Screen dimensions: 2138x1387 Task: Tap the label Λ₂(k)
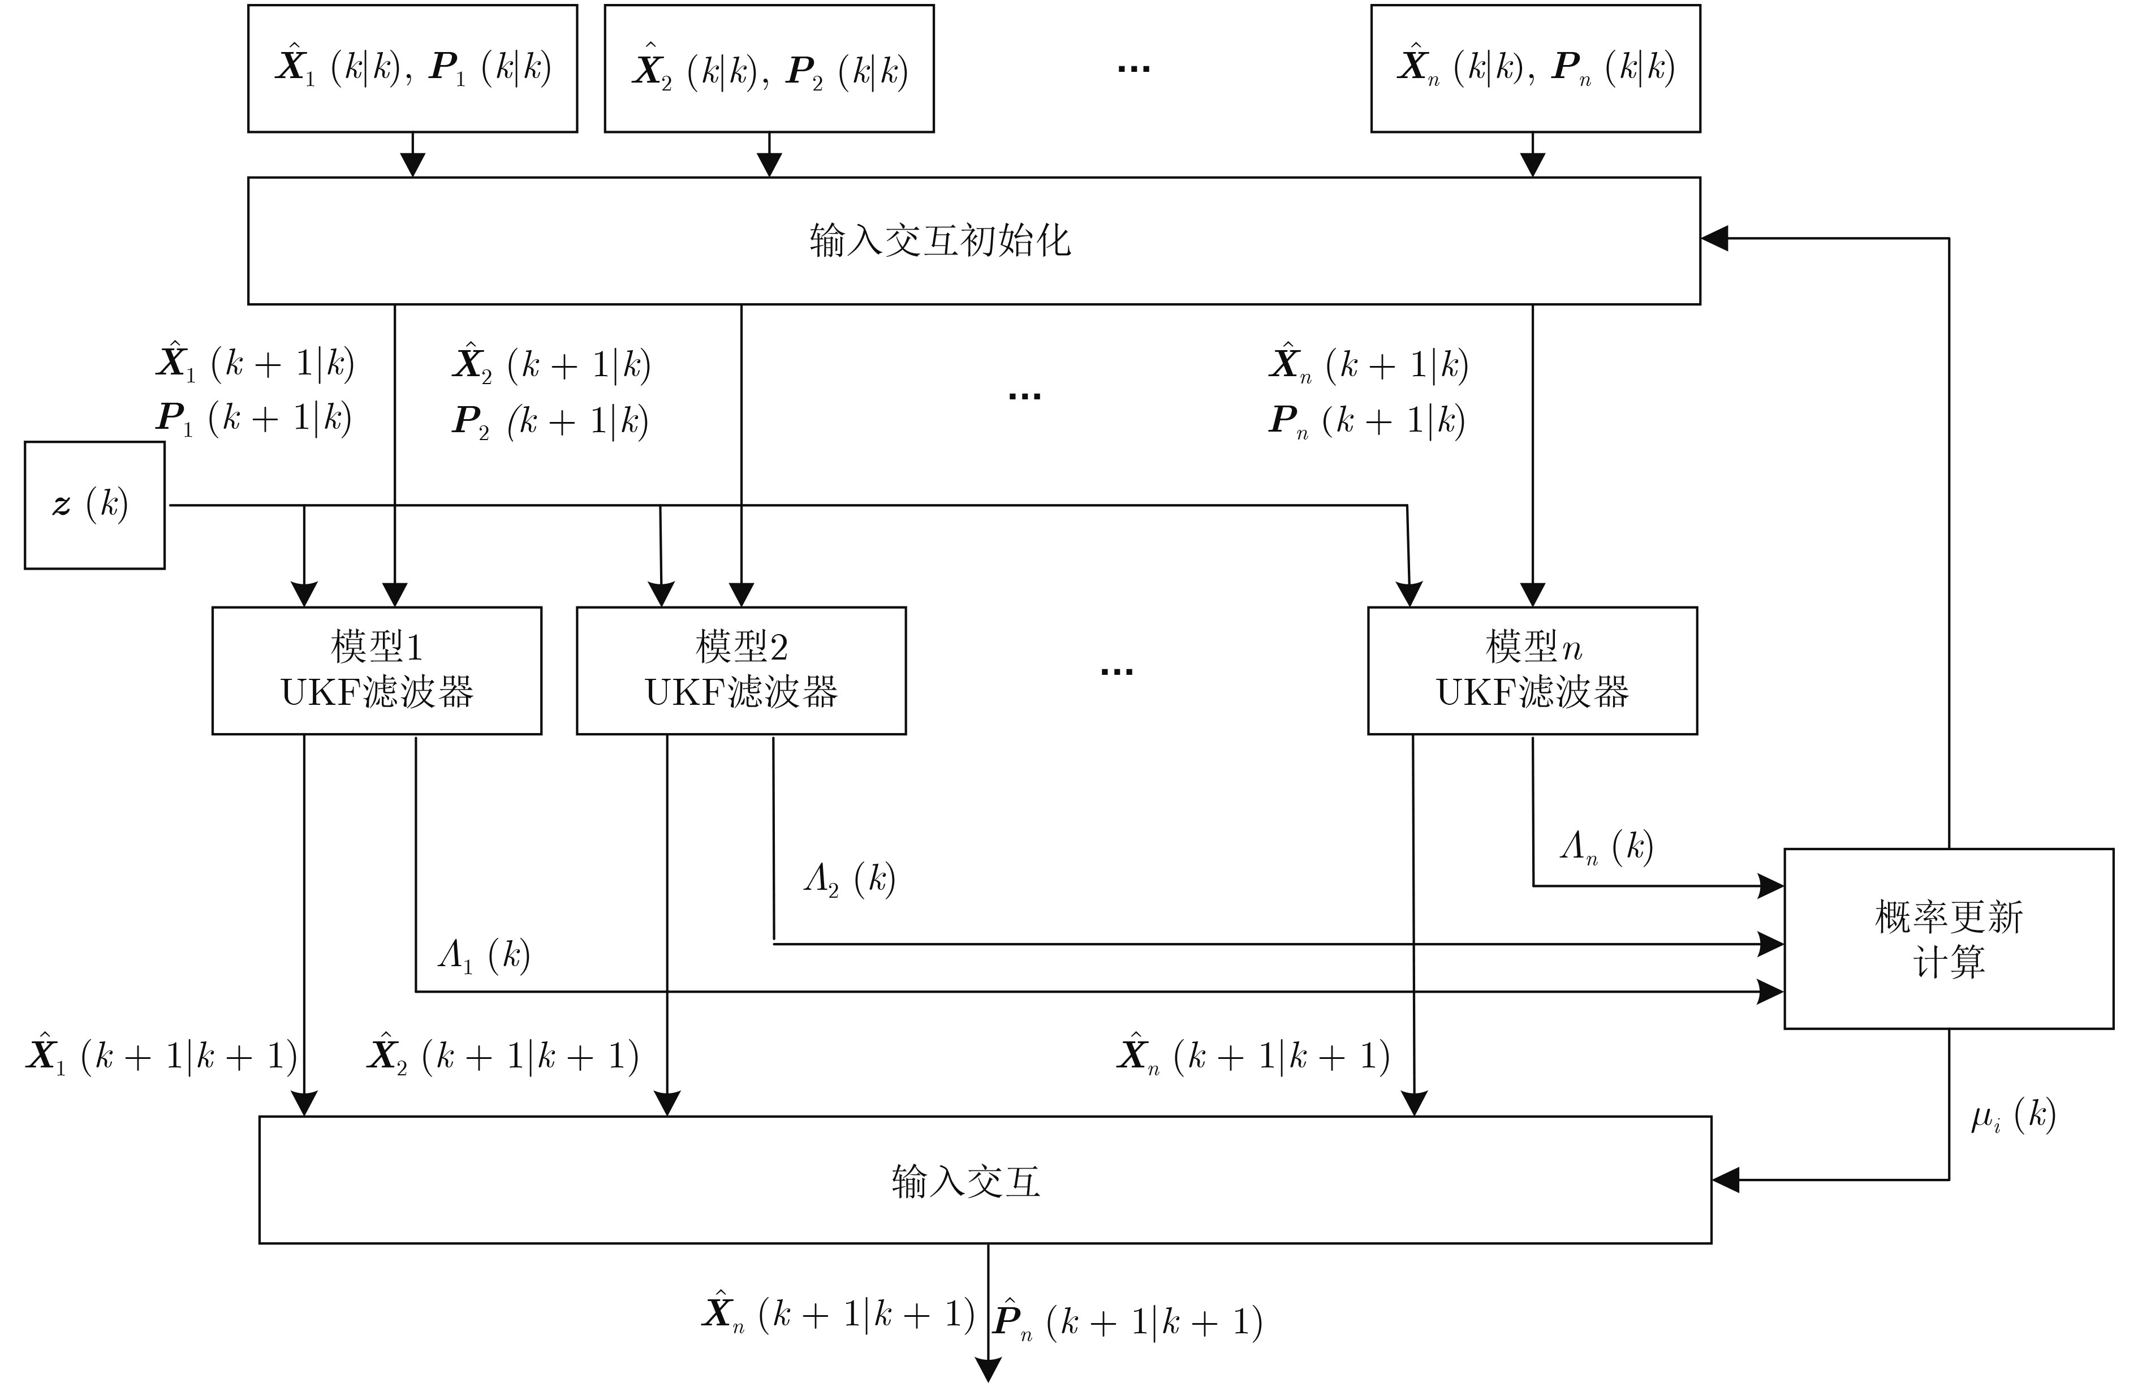tap(849, 878)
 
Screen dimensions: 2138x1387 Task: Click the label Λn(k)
tap(1606, 846)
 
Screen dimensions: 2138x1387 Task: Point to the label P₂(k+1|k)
tap(550, 420)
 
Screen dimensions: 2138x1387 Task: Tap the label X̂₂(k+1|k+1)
tap(503, 1054)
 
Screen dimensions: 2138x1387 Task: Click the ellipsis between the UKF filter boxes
tap(1117, 671)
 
